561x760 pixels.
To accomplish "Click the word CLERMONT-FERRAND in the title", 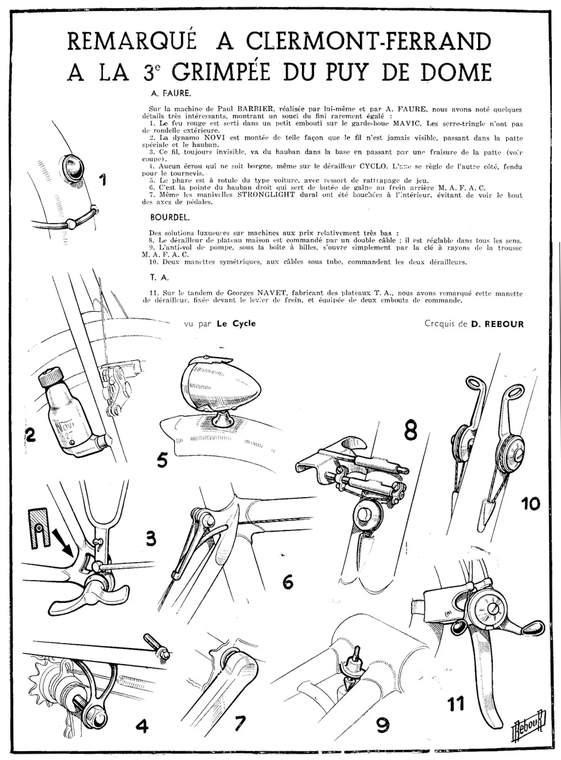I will (x=368, y=41).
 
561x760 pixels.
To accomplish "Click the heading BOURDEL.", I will (x=170, y=218).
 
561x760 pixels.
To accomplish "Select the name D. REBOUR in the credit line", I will (x=497, y=324).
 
